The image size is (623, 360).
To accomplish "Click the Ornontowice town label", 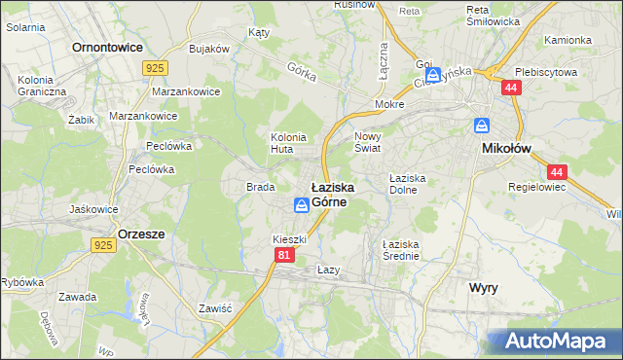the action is tap(107, 47).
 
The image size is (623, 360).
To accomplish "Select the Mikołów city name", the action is tap(507, 149).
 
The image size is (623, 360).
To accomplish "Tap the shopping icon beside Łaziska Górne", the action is tap(302, 204).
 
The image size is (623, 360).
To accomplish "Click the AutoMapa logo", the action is tap(556, 342).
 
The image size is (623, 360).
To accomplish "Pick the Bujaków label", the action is tap(208, 48).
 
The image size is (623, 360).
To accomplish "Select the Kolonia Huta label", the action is tap(288, 143).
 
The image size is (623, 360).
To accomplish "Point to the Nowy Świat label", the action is tap(368, 143).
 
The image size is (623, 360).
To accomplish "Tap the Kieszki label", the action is tap(289, 239).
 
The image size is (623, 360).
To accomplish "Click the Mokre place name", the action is tap(389, 102).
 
